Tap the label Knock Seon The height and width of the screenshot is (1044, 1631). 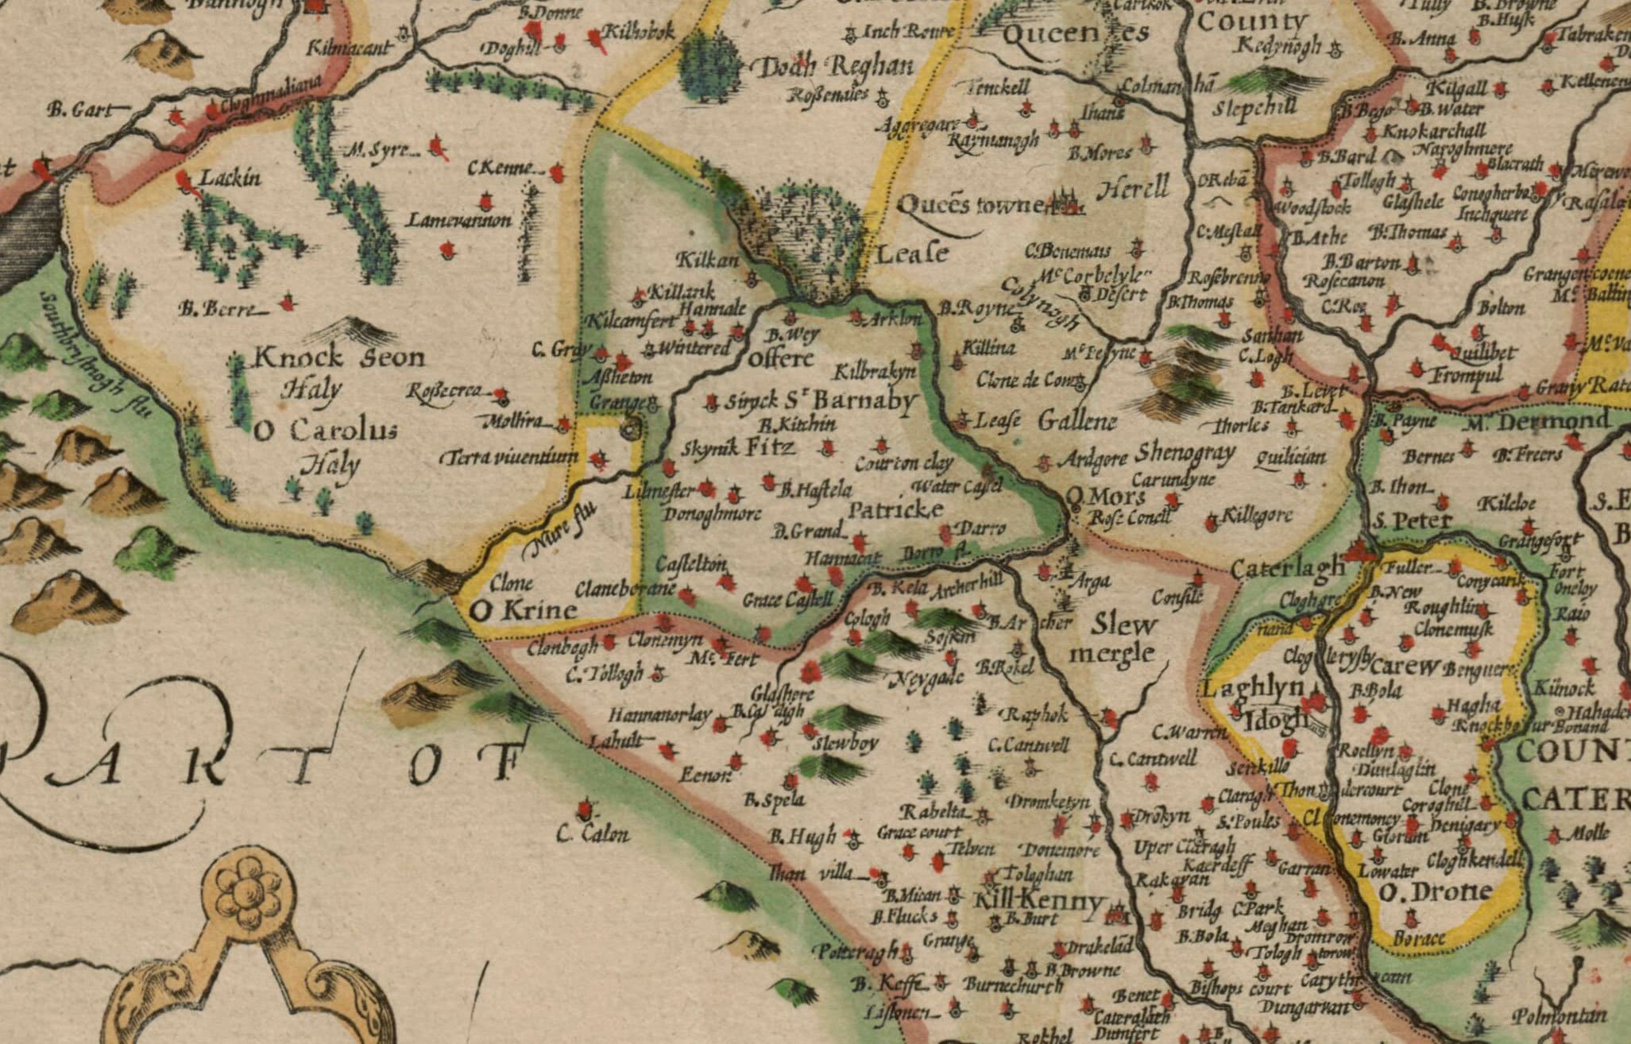click(339, 358)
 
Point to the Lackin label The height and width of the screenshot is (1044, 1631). click(230, 177)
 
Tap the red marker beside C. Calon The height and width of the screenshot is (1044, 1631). click(587, 810)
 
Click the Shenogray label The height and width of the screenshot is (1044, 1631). click(1185, 452)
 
